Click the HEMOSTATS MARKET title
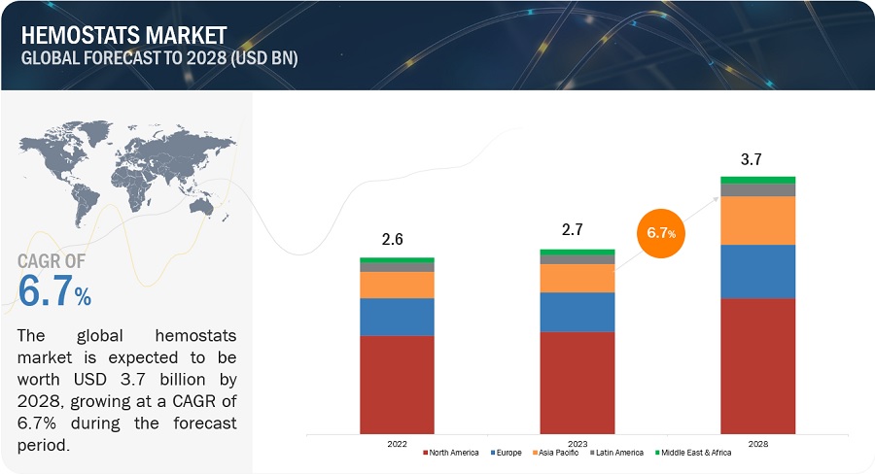click(x=123, y=35)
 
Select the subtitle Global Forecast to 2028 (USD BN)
click(x=159, y=58)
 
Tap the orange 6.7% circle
click(x=661, y=233)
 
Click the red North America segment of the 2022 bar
click(x=397, y=385)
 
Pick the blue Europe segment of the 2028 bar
click(x=757, y=272)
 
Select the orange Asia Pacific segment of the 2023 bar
click(x=577, y=278)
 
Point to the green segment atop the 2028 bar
click(x=757, y=180)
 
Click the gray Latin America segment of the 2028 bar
click(x=757, y=190)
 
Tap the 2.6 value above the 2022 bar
click(x=393, y=239)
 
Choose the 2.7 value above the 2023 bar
click(x=573, y=229)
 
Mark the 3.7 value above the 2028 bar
click(x=752, y=159)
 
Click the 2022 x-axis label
click(x=397, y=444)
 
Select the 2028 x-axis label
click(x=757, y=444)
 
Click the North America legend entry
click(x=451, y=453)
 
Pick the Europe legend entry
click(x=507, y=453)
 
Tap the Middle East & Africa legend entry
click(x=693, y=453)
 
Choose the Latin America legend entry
click(x=616, y=453)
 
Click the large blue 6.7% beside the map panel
click(x=54, y=290)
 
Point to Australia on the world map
click(x=202, y=208)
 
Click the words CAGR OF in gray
click(x=52, y=261)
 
